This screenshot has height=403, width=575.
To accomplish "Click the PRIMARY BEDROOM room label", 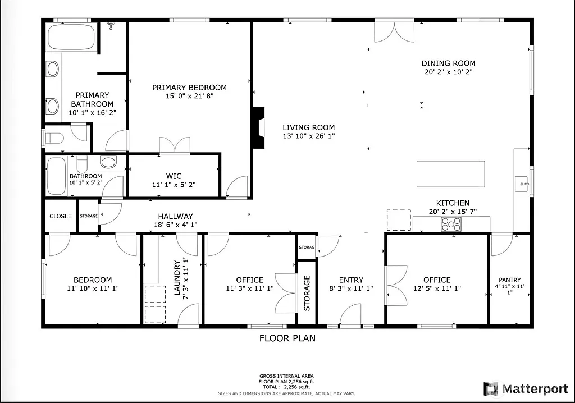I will [189, 88].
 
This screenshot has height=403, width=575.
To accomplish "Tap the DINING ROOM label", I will [448, 63].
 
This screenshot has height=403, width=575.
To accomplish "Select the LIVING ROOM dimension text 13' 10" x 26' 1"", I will [308, 136].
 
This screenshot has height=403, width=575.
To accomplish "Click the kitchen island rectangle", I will [450, 174].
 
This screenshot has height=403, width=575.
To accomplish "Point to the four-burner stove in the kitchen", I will [452, 224].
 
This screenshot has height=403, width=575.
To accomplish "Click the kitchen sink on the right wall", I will [521, 183].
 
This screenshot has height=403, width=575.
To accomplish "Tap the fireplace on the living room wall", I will [258, 127].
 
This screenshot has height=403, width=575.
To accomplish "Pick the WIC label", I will [174, 176].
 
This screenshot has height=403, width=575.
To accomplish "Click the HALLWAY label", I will [175, 216].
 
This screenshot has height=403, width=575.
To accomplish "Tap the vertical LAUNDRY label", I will [177, 277].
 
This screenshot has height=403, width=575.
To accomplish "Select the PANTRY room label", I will [509, 280].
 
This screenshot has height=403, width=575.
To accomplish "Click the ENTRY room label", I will [351, 280].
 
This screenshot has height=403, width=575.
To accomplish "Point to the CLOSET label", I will [61, 216].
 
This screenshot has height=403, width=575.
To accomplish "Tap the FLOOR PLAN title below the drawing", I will [287, 338].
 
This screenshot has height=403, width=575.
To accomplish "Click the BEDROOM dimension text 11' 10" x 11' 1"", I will [93, 288].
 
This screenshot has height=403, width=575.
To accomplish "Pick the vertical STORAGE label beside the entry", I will [307, 293].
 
